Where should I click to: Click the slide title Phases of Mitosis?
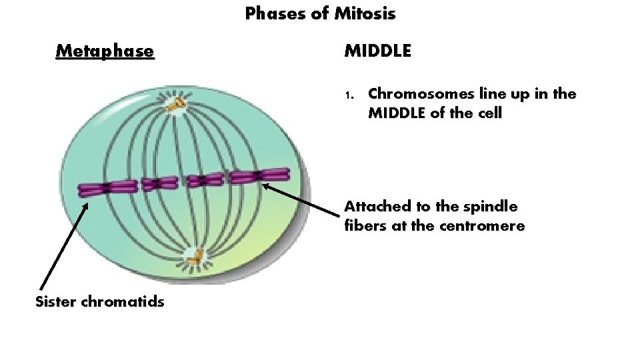[x=320, y=13]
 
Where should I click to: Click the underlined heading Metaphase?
[x=105, y=51]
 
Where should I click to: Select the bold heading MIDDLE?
[x=377, y=51]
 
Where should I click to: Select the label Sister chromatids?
[x=99, y=301]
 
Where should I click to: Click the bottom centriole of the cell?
[x=194, y=255]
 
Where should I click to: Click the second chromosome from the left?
[x=157, y=183]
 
